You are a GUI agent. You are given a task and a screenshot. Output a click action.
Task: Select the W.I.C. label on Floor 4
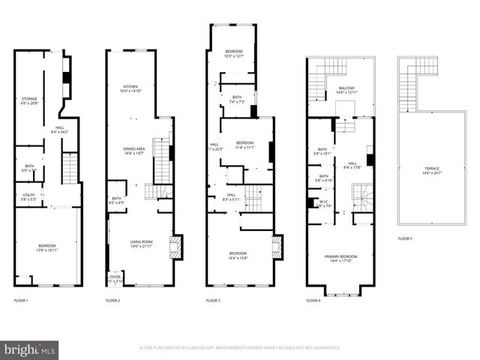pos(324,203)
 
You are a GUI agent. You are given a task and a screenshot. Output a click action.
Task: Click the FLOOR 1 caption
pos(21,301)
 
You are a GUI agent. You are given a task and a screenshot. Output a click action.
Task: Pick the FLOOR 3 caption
pos(213,301)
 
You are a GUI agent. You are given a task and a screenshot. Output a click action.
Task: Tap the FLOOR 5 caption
pos(404,238)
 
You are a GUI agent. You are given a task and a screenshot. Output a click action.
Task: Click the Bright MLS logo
pos(30,349)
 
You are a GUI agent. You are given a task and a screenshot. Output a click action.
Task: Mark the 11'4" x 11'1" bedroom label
pos(244,145)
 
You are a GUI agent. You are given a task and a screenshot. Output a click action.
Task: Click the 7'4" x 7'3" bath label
pos(237,100)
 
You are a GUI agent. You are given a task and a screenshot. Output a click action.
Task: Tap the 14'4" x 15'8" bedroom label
pos(238,256)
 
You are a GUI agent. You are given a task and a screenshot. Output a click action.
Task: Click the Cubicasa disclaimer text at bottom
pos(240,348)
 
